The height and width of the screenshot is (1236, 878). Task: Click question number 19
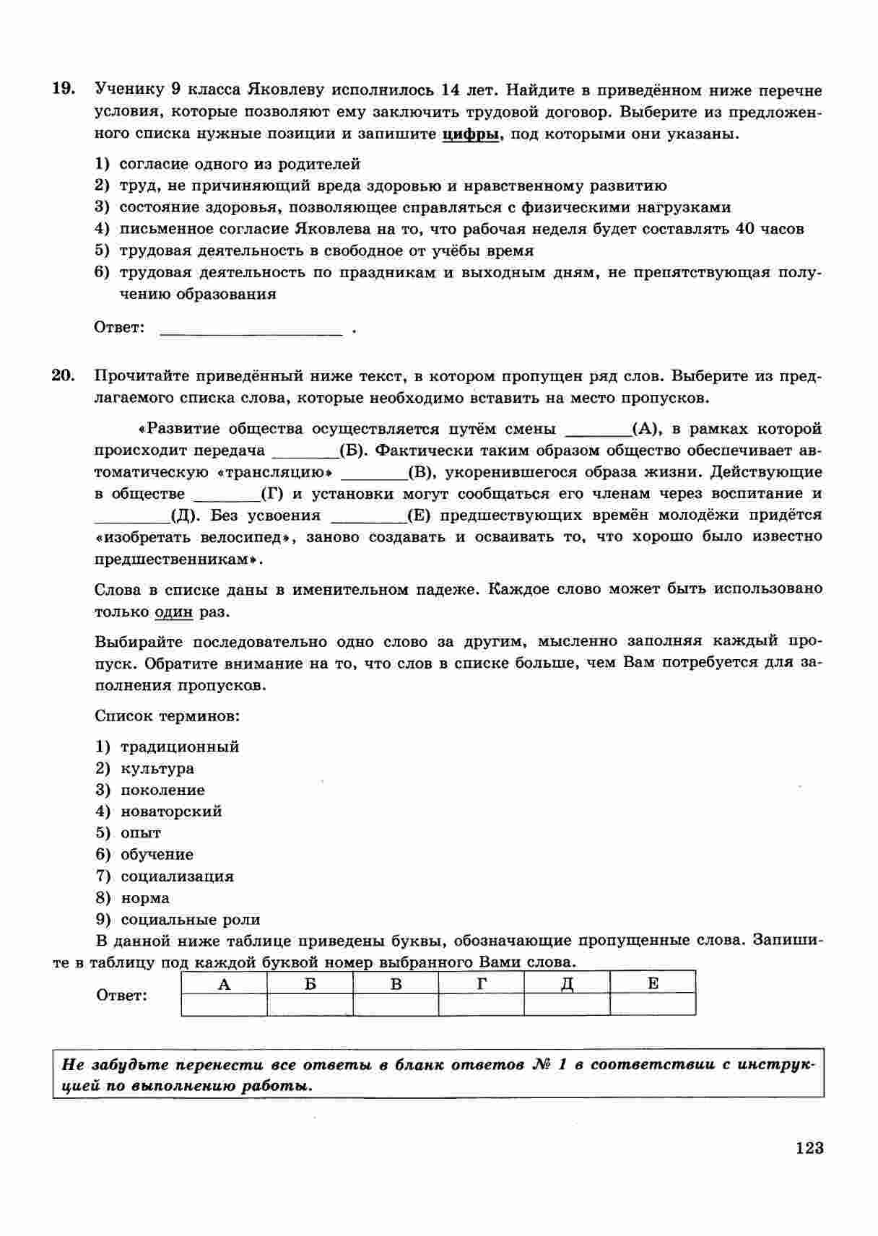[x=63, y=89]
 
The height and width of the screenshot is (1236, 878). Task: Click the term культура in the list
[x=157, y=768]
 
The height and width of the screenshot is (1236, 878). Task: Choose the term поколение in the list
[x=162, y=790]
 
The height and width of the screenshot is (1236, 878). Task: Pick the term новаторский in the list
[x=171, y=811]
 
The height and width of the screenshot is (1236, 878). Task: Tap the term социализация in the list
[x=177, y=876]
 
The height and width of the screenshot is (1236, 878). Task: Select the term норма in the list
[x=145, y=898]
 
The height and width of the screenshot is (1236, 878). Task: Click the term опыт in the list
[x=141, y=833]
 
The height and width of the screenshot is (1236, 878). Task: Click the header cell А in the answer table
[x=224, y=983]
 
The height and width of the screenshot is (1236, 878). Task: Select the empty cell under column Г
[x=481, y=1004]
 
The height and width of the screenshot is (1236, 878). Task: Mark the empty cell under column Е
[x=653, y=1004]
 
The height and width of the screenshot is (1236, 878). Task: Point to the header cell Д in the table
[x=567, y=983]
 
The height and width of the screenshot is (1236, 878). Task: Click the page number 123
[x=809, y=1148]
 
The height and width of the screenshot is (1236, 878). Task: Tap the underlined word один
[x=174, y=612]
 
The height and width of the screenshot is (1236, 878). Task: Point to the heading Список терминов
[x=167, y=716]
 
